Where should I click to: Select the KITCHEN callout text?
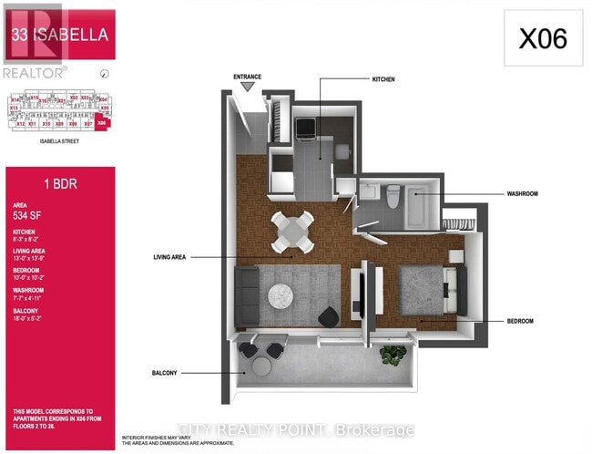coord(383,80)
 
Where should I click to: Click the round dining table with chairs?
coord(294,230)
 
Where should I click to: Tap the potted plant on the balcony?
coord(393,356)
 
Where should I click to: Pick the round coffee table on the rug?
coord(280,295)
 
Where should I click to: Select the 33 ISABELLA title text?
coord(60,36)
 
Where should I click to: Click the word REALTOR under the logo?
coord(34,71)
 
